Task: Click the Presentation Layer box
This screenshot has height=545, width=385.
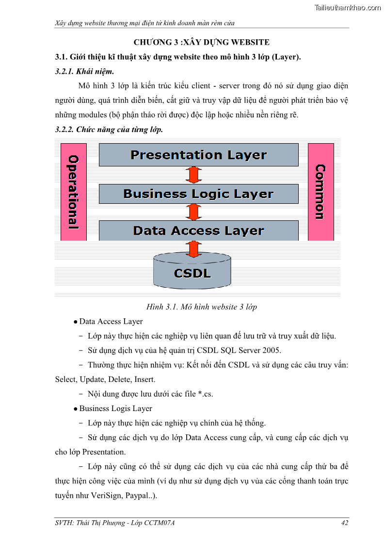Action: (x=198, y=155)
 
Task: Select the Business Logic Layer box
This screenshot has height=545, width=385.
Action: (x=198, y=194)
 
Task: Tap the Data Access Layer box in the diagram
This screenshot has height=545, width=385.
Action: (x=198, y=231)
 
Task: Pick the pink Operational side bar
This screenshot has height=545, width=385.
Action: (x=73, y=192)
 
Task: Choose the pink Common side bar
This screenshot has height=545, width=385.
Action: (x=321, y=192)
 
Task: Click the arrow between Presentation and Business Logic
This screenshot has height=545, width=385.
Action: (x=193, y=175)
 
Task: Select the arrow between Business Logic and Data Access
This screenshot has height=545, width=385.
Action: (x=193, y=212)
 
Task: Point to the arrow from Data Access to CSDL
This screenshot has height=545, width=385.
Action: (x=193, y=248)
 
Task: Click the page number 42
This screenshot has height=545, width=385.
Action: (x=345, y=523)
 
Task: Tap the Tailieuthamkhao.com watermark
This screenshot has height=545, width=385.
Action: (x=347, y=7)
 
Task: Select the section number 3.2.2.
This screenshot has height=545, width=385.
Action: (x=65, y=130)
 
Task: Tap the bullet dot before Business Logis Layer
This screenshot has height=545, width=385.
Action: (x=76, y=409)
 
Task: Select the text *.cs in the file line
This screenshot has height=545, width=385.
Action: (x=205, y=394)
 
